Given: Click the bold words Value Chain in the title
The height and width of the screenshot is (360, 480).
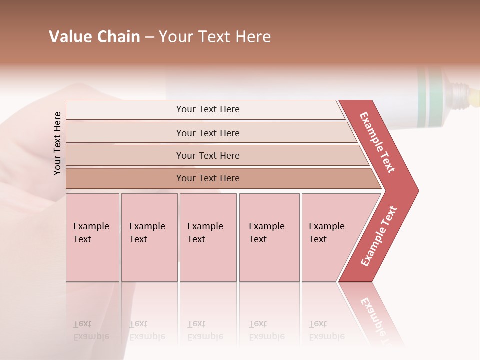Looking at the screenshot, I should point(94,37).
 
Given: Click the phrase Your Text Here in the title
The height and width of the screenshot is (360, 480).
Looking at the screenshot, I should point(215,37).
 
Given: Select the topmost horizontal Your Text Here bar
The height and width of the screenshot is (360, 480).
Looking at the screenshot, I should point(207,109).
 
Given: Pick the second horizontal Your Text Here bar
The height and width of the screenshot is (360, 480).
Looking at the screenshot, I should point(207,133).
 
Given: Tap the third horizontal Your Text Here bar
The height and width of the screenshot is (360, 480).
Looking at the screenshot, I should point(207,155).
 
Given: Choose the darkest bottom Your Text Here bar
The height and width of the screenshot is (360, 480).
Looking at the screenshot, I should point(207,178).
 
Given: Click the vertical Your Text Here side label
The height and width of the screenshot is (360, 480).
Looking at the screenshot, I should point(57,143).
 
